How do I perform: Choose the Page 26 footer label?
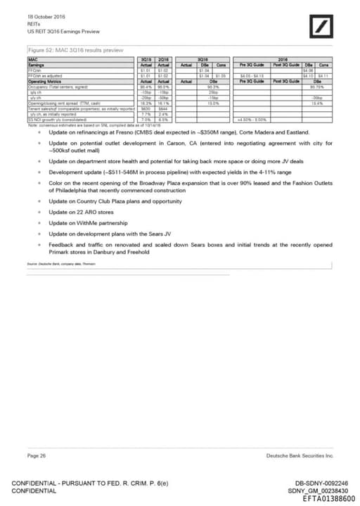point(37,456)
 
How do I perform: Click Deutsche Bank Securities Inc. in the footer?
point(300,456)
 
